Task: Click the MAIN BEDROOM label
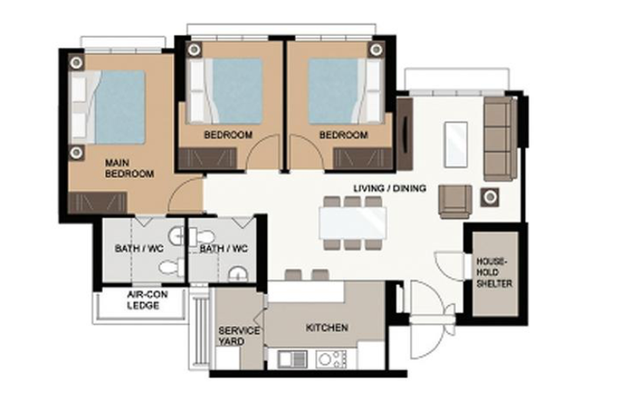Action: coord(129,168)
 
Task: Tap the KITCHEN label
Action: coord(327,328)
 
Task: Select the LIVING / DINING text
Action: coord(389,188)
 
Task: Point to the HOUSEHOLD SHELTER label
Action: coord(495,273)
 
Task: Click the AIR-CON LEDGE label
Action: coord(147,300)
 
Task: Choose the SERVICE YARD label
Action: coord(239,336)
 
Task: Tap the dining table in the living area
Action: coord(352,223)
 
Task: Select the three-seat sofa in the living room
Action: coord(499,138)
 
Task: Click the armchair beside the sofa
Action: coord(455,201)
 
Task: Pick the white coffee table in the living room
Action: coord(456,144)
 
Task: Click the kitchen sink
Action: coord(293,360)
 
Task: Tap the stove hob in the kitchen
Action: coord(331,360)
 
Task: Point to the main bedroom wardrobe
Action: coord(98,203)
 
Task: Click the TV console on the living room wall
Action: coord(405,134)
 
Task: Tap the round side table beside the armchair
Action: coord(490,197)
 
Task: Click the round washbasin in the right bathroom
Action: coord(238,274)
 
